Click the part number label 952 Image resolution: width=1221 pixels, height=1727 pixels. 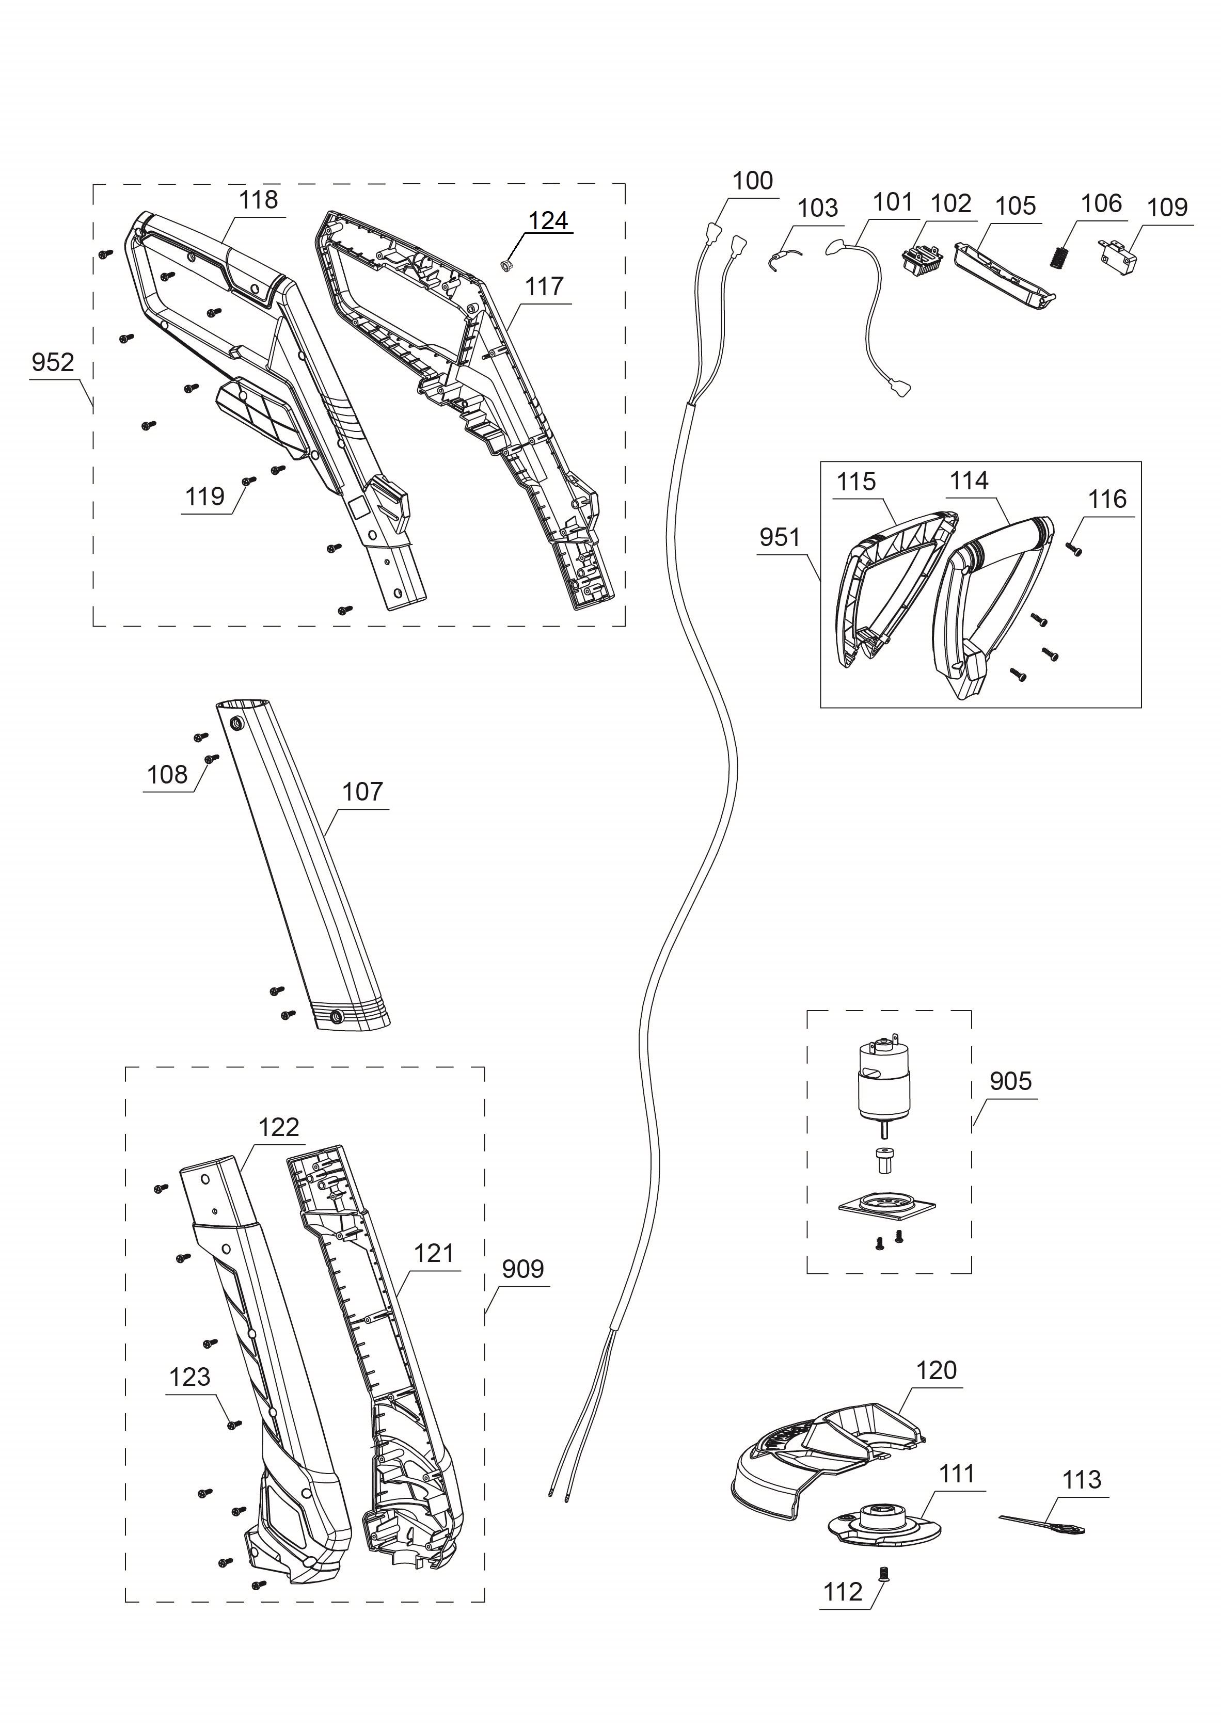[x=53, y=362]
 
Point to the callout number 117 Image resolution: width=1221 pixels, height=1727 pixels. [x=544, y=286]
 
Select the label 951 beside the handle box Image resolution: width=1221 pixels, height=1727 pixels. [x=780, y=537]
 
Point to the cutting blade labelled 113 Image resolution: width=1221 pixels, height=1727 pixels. [x=1044, y=1525]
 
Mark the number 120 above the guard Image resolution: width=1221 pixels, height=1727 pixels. [x=936, y=1370]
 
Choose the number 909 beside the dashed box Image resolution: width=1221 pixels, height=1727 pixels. [x=523, y=1269]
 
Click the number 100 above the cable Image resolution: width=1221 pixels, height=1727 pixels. [x=752, y=181]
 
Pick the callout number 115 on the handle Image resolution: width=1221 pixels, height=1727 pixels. [x=856, y=482]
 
